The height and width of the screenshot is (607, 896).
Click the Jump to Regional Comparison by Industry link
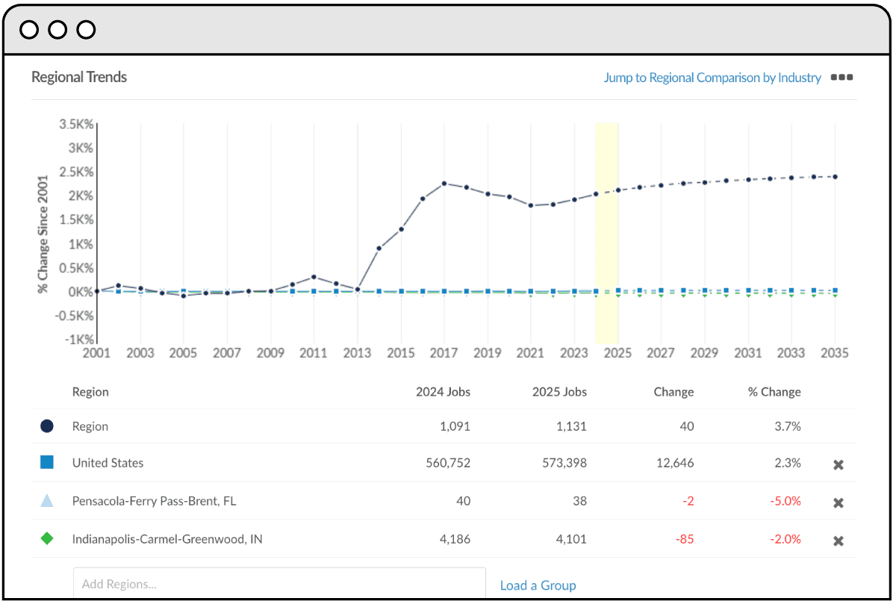[x=712, y=78]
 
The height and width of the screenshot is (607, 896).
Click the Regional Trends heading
[x=79, y=78]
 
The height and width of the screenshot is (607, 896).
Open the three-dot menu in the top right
[x=841, y=77]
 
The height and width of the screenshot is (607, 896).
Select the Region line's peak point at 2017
[x=444, y=183]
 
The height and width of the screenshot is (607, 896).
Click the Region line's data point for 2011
[x=314, y=277]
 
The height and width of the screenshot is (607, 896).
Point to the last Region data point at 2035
[x=835, y=177]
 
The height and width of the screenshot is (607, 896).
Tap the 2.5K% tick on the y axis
[x=76, y=172]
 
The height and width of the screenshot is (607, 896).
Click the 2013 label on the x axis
[x=357, y=353]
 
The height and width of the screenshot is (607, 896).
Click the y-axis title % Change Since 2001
[x=43, y=234]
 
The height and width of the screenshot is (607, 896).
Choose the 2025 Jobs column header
[x=559, y=392]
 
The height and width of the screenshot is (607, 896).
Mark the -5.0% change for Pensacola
[x=785, y=502]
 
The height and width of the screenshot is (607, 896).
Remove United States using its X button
[x=839, y=464]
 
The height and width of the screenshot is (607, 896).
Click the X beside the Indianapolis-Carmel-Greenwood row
[x=839, y=541]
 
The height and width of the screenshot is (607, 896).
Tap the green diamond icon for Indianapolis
[x=47, y=538]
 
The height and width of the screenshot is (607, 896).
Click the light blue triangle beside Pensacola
[x=47, y=501]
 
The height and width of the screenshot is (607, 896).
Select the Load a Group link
[x=538, y=585]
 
